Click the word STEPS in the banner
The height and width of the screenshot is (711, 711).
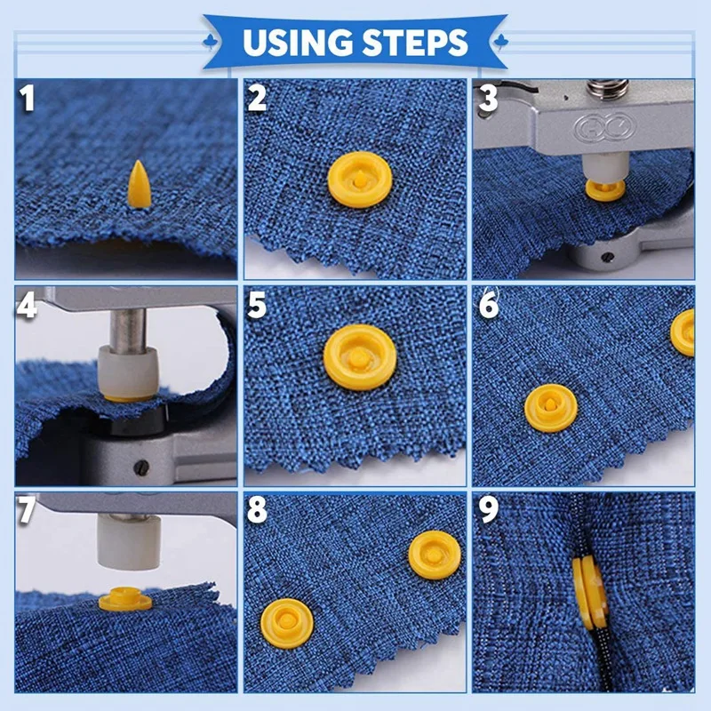click(417, 42)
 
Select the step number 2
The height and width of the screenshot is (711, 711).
click(257, 99)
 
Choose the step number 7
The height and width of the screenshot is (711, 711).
click(28, 511)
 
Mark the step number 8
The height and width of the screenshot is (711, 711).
click(257, 511)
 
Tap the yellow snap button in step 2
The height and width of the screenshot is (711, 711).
click(359, 176)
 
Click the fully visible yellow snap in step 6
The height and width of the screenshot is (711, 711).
click(550, 408)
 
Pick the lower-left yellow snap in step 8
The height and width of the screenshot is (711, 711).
click(287, 622)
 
